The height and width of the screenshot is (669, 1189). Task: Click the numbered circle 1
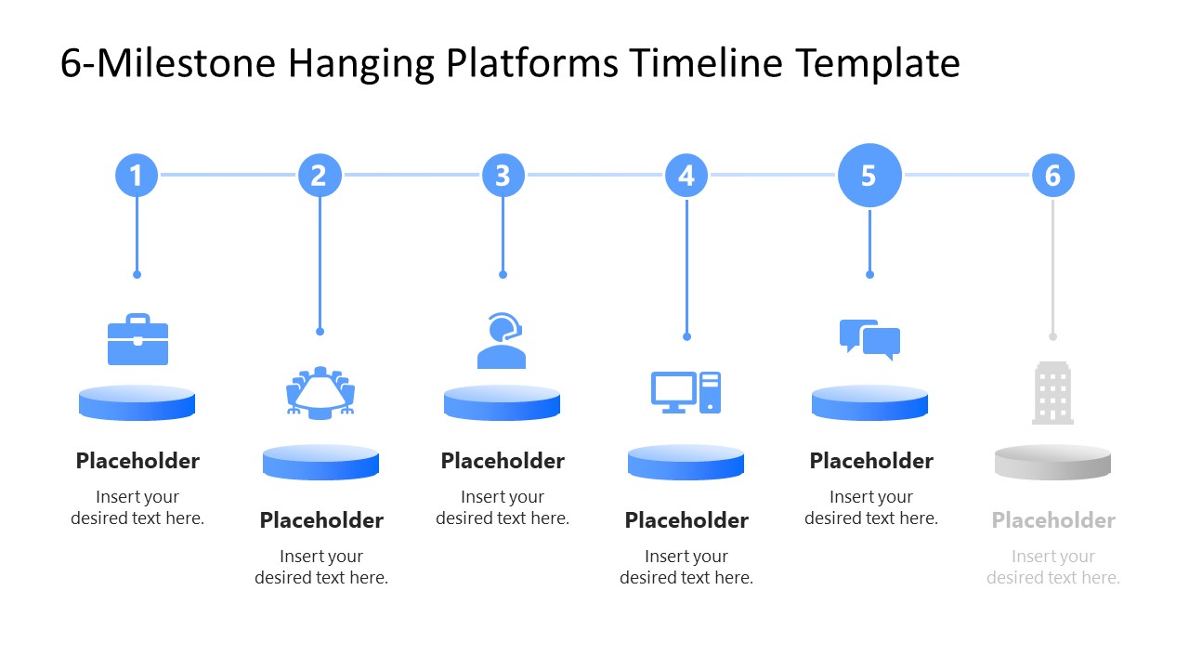[137, 175]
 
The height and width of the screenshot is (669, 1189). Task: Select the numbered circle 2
[320, 175]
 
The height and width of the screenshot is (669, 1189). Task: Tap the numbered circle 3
[503, 175]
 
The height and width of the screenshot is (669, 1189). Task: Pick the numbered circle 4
[686, 175]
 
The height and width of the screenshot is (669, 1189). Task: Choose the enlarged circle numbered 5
[869, 175]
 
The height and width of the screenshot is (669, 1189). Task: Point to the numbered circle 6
[1052, 175]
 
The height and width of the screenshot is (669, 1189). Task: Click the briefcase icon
[137, 340]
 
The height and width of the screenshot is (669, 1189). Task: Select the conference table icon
[320, 391]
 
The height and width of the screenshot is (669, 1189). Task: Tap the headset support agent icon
[502, 341]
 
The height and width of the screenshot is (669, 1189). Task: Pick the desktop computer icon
[686, 392]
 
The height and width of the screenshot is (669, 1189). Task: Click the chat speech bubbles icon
[869, 340]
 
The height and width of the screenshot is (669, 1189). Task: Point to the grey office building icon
[1052, 394]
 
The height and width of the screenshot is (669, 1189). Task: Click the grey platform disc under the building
[1052, 462]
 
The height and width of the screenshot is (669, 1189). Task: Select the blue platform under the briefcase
[137, 402]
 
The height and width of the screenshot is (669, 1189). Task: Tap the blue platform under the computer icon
[686, 462]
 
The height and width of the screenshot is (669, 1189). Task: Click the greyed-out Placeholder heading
[1052, 520]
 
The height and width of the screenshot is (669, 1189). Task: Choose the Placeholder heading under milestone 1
[137, 461]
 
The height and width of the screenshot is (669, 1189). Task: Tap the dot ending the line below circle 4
[686, 336]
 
